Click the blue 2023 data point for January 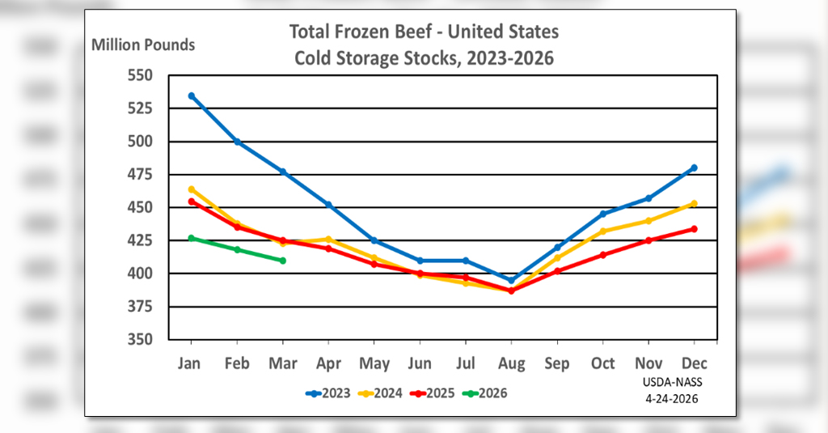point(192,96)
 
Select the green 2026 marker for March point(282,261)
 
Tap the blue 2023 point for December point(694,168)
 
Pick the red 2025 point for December point(694,229)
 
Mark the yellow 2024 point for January point(192,189)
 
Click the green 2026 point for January point(192,238)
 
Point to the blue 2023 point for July point(465,261)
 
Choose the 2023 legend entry point(327,393)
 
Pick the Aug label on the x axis point(511,363)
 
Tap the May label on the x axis point(374,363)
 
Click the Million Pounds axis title point(143,45)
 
